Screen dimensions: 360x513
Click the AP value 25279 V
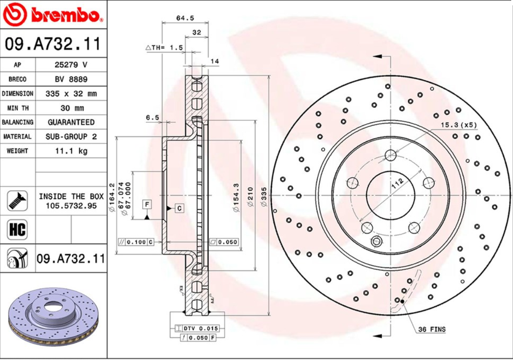tap(71, 65)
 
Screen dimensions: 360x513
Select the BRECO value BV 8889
tap(71, 79)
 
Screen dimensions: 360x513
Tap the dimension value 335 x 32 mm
tap(71, 94)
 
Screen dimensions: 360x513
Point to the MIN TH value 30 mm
tap(71, 108)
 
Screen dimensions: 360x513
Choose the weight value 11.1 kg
tap(71, 151)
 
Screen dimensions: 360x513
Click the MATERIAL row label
tap(17, 136)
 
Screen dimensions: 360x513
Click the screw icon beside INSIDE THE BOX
tap(17, 200)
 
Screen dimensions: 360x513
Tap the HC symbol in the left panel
tap(17, 229)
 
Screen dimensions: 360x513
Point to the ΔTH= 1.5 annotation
tap(164, 48)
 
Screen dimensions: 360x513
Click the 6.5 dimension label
tap(152, 117)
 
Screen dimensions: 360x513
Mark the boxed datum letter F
tap(147, 204)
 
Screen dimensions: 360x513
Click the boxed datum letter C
tap(179, 208)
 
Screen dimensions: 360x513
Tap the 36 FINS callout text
tap(431, 329)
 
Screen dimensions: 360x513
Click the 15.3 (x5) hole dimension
tap(459, 125)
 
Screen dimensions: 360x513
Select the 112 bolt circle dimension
tap(398, 182)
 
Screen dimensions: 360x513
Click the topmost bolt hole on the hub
tap(390, 155)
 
